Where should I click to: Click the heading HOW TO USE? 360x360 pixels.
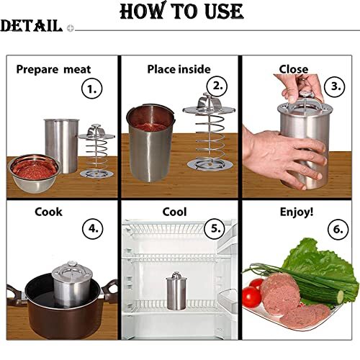coord(181,12)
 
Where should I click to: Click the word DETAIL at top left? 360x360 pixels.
coord(31,27)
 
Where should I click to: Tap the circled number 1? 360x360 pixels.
coord(92,90)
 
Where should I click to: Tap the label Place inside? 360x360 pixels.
coord(179,69)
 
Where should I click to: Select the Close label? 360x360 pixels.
coord(294,69)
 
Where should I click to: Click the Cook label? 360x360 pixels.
coord(48,212)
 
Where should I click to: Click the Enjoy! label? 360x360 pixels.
coord(296,212)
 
